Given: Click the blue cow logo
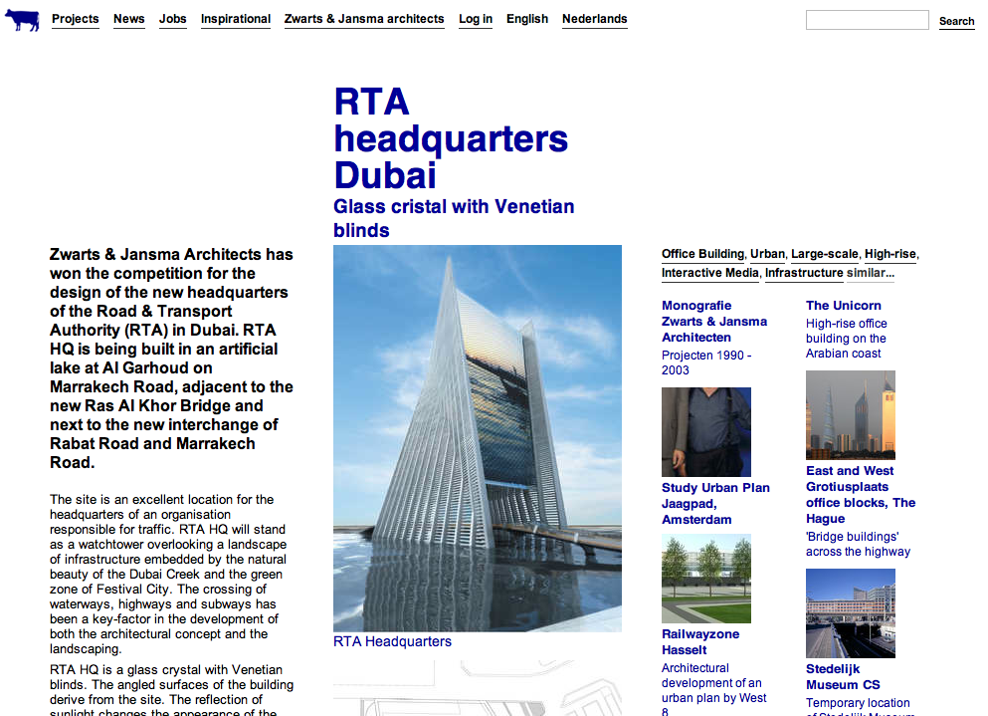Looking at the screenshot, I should click(22, 20).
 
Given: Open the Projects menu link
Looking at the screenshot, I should click(76, 19).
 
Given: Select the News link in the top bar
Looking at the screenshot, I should click(128, 19).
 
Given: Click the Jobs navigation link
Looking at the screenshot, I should click(172, 19).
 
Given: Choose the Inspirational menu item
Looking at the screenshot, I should click(236, 19).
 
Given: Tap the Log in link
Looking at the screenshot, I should click(476, 19).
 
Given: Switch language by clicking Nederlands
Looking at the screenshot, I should click(594, 19).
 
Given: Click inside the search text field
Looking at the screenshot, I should click(867, 20).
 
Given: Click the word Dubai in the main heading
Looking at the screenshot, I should click(385, 175).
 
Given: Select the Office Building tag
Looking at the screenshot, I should click(702, 254).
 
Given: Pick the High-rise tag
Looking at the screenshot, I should click(889, 254).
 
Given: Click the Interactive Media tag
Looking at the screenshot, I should click(710, 273).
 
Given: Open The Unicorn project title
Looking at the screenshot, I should click(844, 306).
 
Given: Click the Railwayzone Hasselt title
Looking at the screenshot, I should click(700, 642).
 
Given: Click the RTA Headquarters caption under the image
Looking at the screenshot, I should click(392, 642).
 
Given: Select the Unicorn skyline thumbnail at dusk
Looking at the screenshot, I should click(850, 415).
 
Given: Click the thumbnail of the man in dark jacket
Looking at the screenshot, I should click(705, 432).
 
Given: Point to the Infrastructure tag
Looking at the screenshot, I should click(804, 273).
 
